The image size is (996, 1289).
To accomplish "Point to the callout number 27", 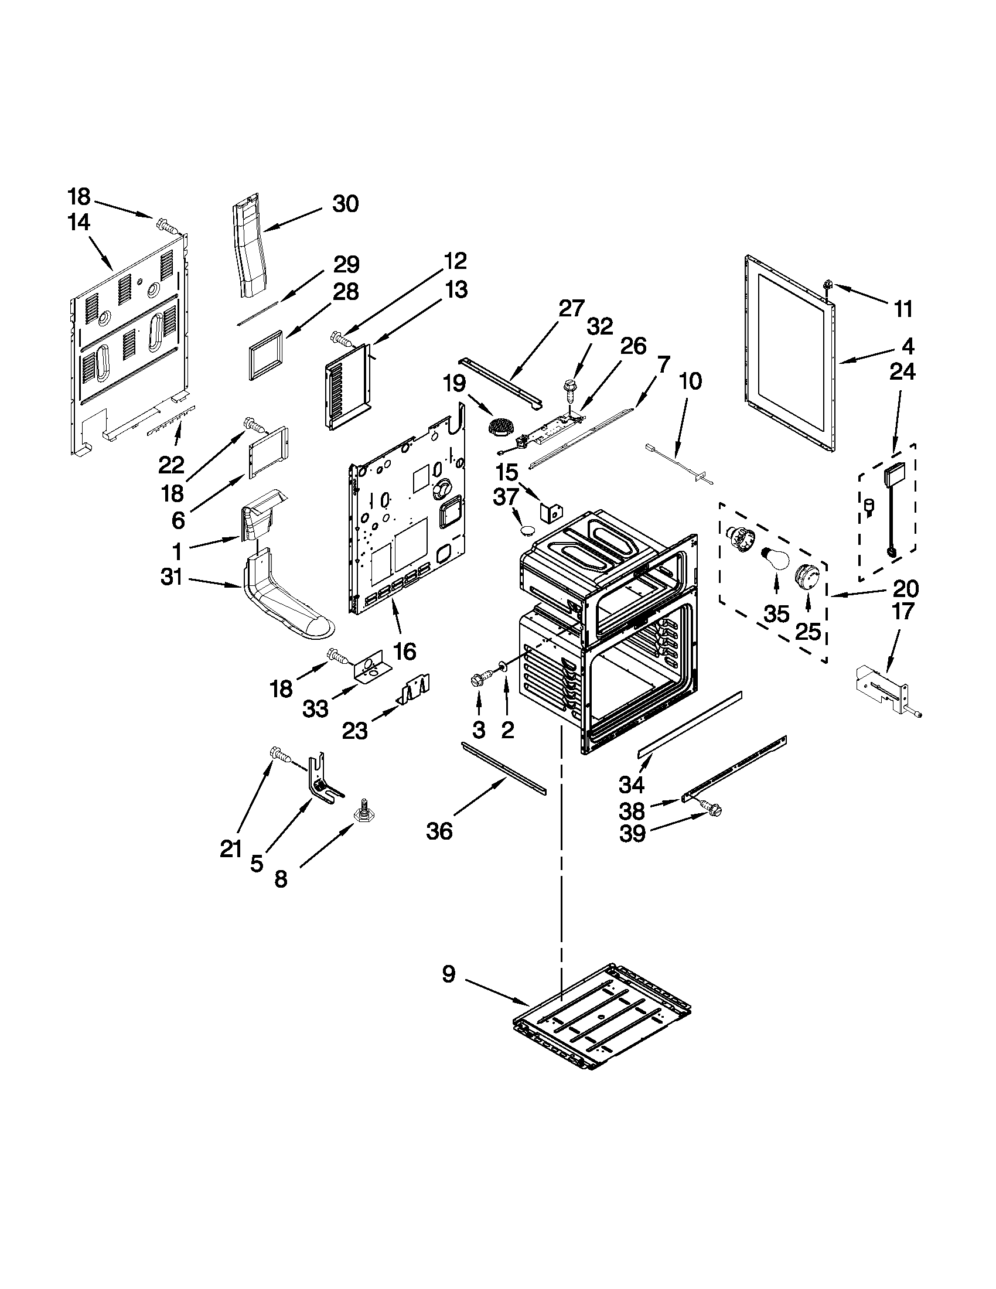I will click(x=571, y=309).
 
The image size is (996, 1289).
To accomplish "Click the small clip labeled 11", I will click(x=829, y=286).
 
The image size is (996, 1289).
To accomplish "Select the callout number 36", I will click(x=439, y=831).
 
